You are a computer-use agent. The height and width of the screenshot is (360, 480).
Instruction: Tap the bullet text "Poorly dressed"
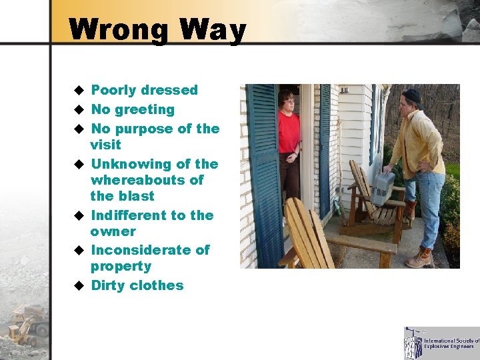tap(144, 90)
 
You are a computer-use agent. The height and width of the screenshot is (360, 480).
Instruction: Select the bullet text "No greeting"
tap(132, 109)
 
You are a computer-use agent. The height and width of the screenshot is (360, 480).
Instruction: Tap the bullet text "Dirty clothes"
tap(137, 285)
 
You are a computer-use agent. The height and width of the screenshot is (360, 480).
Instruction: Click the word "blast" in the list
tap(137, 196)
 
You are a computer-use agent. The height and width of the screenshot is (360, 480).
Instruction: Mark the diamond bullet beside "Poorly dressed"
tap(78, 90)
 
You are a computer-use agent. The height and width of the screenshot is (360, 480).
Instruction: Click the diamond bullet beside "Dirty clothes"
tap(78, 285)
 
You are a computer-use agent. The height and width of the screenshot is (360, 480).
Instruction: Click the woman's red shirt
tap(289, 131)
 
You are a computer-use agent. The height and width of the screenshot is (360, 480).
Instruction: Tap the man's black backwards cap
tap(412, 95)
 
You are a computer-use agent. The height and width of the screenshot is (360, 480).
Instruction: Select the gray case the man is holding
tap(383, 187)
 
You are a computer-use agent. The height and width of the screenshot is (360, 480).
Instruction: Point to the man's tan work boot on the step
tap(421, 259)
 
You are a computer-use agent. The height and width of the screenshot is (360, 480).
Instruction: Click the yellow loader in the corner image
tap(27, 324)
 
